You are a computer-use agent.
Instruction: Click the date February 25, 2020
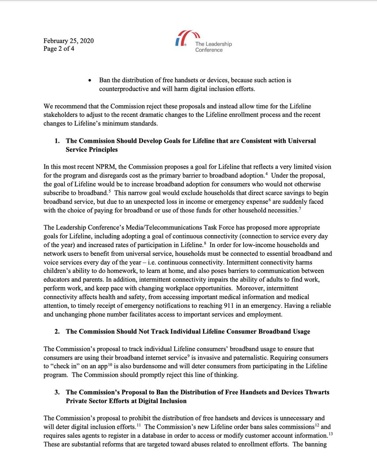pyautogui.click(x=69, y=41)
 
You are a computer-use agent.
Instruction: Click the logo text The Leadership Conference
pyautogui.click(x=213, y=47)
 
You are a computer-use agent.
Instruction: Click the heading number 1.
pyautogui.click(x=57, y=141)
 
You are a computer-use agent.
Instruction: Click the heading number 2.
pyautogui.click(x=57, y=331)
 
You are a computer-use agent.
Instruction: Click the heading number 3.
pyautogui.click(x=57, y=392)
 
